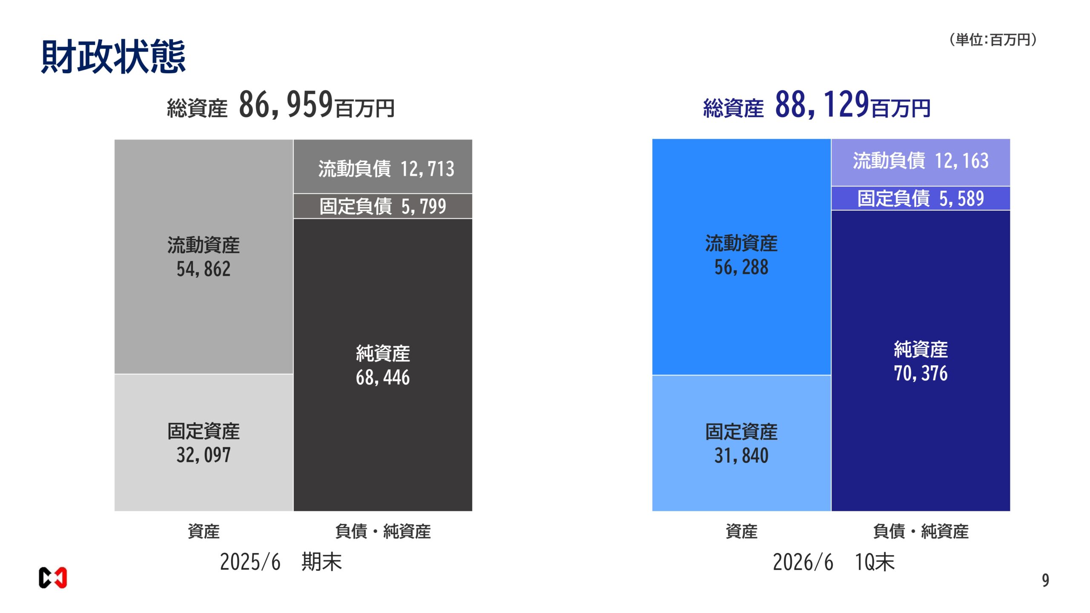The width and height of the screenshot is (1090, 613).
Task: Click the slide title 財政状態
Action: point(113,56)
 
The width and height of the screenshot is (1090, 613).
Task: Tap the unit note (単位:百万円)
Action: point(992,40)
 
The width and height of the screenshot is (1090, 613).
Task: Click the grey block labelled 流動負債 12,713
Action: point(383,167)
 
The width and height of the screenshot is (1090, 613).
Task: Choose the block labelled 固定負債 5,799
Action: point(383,206)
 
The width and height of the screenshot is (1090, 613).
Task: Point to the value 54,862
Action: point(204,269)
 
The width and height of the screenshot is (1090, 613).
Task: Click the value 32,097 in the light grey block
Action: point(204,455)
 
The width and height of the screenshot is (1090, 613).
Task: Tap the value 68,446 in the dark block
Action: point(383,378)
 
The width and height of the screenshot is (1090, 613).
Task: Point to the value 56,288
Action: point(741,267)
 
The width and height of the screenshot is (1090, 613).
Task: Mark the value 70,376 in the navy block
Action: point(921,373)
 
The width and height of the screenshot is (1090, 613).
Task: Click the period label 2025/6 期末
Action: point(281,562)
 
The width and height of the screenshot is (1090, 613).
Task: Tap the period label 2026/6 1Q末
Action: point(834,562)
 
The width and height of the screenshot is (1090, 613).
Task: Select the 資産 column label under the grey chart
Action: point(204,531)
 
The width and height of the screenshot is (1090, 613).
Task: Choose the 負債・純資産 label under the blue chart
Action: point(921,531)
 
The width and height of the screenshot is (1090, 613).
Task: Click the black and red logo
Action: point(53,578)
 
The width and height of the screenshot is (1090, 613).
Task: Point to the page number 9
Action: point(1045,581)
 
